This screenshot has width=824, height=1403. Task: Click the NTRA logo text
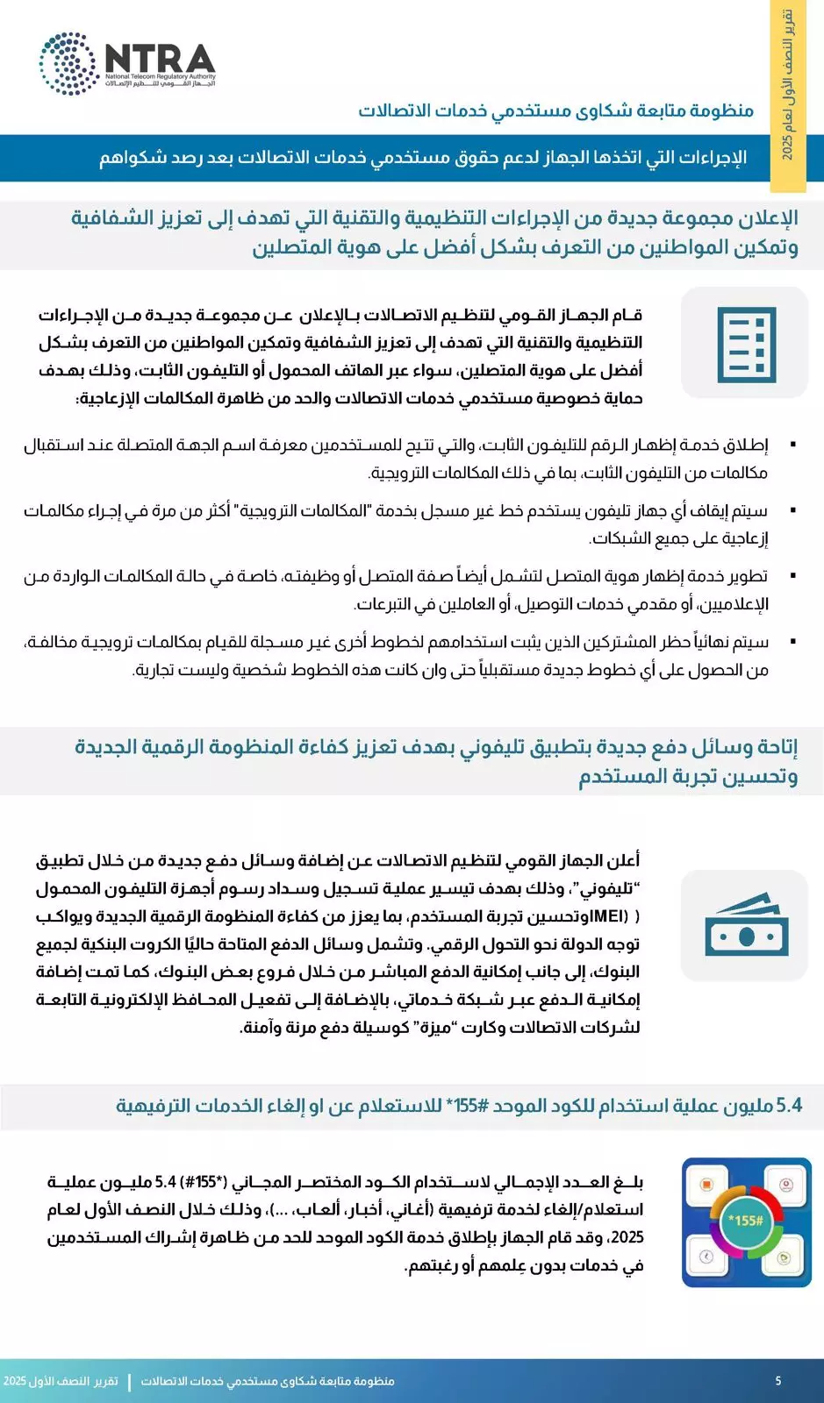tap(160, 59)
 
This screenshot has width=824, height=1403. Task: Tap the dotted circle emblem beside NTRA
tap(68, 63)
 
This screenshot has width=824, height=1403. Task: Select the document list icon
tap(745, 344)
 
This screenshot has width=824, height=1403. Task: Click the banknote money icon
tap(745, 926)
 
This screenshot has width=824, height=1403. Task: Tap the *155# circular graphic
tap(746, 1221)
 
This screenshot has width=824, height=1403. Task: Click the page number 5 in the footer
tap(778, 1381)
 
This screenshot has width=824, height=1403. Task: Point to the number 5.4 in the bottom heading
tap(789, 1106)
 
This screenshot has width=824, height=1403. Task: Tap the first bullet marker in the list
tap(793, 445)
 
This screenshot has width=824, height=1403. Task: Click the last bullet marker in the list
tap(793, 642)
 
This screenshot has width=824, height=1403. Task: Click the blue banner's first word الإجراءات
tap(716, 159)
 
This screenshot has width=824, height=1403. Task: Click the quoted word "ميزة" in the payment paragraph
tap(434, 1027)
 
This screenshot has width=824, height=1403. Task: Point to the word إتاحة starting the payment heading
tap(772, 747)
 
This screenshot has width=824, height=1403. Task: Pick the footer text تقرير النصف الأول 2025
tap(61, 1381)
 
